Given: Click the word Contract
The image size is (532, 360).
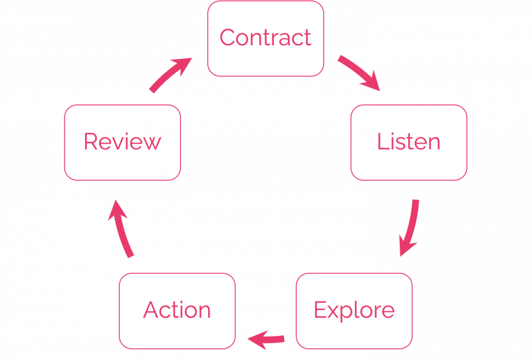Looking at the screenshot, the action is point(265,37).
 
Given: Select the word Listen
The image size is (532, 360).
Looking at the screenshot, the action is point(408,141).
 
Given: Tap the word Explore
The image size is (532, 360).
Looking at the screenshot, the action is point(354,310).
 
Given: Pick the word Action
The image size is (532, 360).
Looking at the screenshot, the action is point(177,309).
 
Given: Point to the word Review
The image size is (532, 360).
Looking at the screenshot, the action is point(122,141).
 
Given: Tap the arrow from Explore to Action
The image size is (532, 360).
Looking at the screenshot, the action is point(267,339).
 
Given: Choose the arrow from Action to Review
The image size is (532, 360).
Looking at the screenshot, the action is point(122,228).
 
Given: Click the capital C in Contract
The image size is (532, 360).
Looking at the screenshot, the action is point(227,37).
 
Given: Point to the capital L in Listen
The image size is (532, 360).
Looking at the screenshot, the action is point(382,141).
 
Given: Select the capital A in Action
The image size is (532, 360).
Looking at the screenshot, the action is point(151,309).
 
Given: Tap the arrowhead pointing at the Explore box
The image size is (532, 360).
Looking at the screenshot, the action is point(407,246).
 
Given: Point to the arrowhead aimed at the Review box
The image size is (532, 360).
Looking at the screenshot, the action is point(118,210).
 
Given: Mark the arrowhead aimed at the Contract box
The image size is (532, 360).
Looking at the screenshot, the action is point(183,66).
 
